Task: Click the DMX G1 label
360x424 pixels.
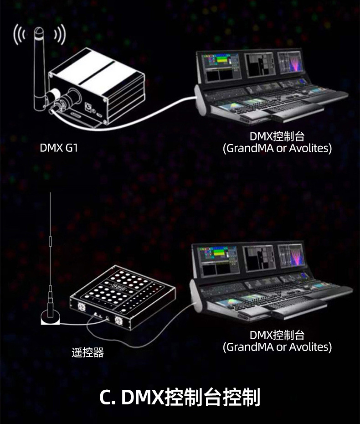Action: pos(59,148)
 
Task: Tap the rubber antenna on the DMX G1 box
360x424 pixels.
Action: pos(40,64)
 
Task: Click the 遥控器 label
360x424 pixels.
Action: pos(88,352)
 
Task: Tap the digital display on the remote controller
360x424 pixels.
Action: pos(119,288)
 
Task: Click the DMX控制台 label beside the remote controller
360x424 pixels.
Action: pos(277,336)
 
